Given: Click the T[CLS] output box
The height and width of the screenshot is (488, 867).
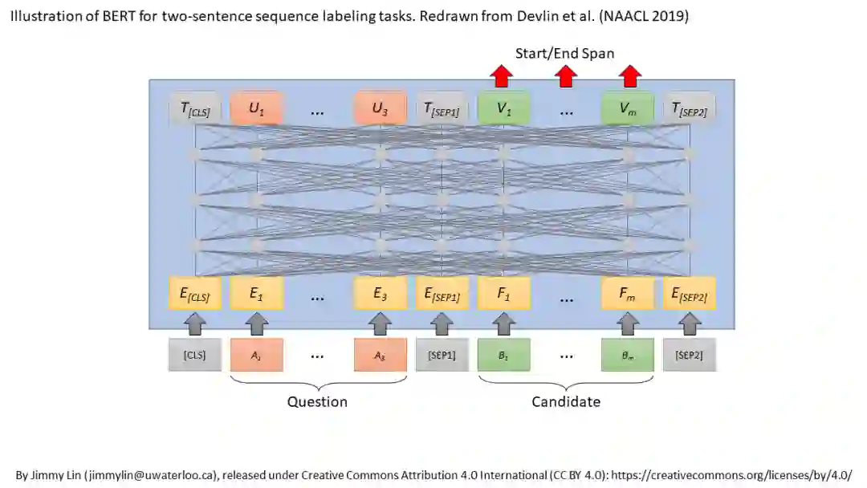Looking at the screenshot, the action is [194, 110].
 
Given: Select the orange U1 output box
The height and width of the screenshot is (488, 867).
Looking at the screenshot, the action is [256, 110].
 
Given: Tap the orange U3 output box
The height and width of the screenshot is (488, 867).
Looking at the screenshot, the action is [381, 110].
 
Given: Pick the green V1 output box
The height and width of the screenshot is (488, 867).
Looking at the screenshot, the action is [503, 110].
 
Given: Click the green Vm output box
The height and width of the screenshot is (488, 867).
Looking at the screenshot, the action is [628, 110].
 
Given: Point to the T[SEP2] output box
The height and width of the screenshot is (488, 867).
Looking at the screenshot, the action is [690, 110].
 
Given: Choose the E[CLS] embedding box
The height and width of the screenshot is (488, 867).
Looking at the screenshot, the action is [194, 294].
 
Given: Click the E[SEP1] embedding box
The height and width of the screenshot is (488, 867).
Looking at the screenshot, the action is [442, 294].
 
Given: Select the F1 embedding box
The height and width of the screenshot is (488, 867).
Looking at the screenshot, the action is [503, 294].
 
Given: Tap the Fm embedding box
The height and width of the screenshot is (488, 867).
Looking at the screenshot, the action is [628, 294].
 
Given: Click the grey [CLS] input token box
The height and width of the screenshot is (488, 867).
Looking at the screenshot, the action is [194, 355].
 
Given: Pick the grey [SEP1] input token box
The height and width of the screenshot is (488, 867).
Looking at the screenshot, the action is [442, 355].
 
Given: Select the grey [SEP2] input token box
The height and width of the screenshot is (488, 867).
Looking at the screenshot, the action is [690, 355].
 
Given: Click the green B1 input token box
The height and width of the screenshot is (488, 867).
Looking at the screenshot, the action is [503, 355].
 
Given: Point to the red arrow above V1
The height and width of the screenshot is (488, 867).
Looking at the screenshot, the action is [503, 76].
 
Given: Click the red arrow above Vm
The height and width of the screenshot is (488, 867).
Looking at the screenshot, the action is [629, 76].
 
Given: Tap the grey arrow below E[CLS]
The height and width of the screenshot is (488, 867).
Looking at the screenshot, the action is [194, 323].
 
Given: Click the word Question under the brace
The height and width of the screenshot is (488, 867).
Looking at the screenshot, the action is [318, 401].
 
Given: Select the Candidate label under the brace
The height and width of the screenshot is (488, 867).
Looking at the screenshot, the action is [566, 401].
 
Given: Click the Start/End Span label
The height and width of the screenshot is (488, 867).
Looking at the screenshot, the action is [564, 54].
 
